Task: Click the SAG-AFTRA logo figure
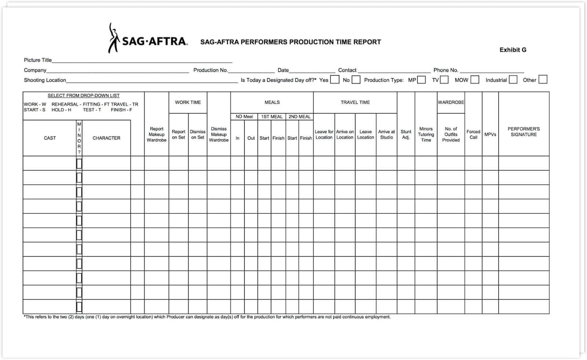click(x=114, y=38)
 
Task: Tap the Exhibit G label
click(x=513, y=50)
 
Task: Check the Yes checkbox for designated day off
click(x=335, y=80)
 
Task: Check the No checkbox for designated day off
click(x=356, y=80)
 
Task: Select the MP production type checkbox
click(x=421, y=80)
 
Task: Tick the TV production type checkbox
click(x=444, y=80)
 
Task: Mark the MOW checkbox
click(x=475, y=80)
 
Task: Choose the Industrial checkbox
click(x=513, y=80)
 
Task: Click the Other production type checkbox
click(x=543, y=80)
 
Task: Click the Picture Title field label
click(x=38, y=60)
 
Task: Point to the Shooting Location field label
click(x=45, y=80)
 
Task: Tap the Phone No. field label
click(x=446, y=70)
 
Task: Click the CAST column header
click(x=50, y=138)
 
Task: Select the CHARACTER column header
click(x=106, y=138)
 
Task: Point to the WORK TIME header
click(x=188, y=102)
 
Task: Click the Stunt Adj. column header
click(x=406, y=135)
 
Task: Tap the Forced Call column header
click(x=473, y=135)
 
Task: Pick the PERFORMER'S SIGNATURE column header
click(x=524, y=132)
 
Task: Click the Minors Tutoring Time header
click(x=426, y=135)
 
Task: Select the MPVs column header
click(x=490, y=135)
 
